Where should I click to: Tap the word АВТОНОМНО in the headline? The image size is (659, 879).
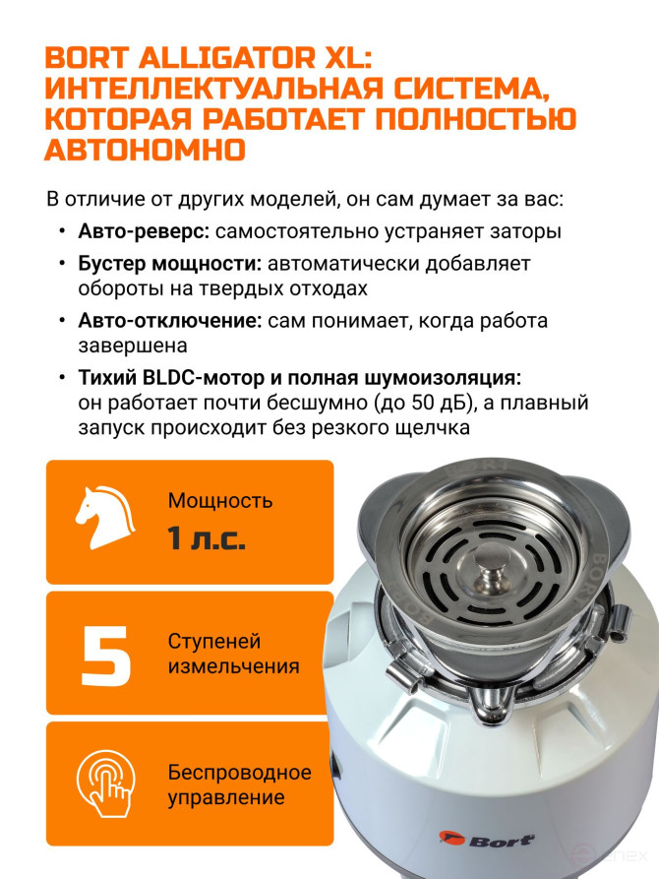(146, 150)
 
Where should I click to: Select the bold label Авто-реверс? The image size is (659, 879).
(144, 231)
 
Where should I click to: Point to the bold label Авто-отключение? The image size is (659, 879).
(170, 321)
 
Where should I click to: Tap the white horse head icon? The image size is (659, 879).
(105, 518)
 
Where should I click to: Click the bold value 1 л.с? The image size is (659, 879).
(207, 538)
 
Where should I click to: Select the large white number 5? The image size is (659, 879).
(106, 656)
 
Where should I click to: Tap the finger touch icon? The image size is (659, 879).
(106, 784)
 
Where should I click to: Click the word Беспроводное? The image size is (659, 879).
(240, 773)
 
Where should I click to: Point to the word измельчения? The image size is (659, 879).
(234, 666)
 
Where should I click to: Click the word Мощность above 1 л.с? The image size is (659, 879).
(220, 501)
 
